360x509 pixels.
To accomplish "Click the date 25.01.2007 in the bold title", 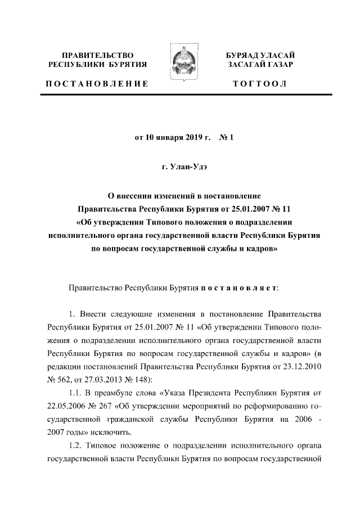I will tap(244, 209).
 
